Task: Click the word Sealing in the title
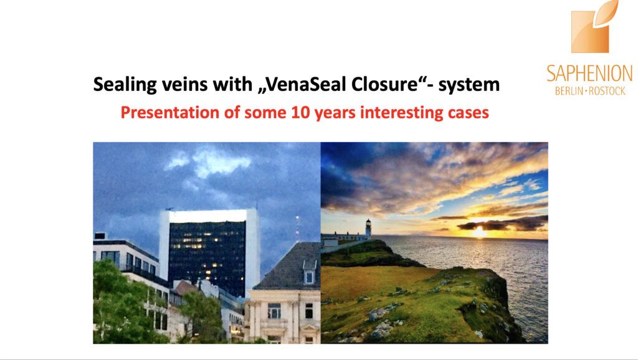125,85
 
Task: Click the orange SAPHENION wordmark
589,73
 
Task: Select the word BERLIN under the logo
569,91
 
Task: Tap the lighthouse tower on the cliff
368,228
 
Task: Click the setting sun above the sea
478,232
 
